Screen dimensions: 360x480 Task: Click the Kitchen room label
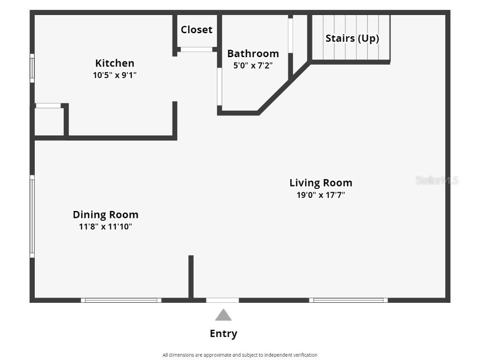115,63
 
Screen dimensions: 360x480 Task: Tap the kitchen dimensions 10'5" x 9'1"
115,75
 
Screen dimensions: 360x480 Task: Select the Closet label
196,30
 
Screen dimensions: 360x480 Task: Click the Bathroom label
253,53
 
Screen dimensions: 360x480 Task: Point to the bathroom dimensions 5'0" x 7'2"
253,66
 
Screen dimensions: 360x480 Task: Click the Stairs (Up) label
352,38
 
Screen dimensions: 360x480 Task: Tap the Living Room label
321,183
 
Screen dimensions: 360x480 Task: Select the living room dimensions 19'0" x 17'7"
321,195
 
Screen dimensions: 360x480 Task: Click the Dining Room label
105,215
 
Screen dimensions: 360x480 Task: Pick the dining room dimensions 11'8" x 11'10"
105,227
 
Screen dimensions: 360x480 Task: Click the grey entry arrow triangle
223,315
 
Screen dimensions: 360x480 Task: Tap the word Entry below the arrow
223,334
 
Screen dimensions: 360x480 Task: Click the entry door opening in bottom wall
223,300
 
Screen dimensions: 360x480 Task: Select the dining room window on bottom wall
121,300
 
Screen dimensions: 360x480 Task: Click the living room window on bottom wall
348,300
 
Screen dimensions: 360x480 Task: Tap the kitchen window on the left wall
32,68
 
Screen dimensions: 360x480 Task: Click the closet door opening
196,49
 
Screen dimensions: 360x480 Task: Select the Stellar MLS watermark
436,180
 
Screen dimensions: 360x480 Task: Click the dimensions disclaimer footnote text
240,355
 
